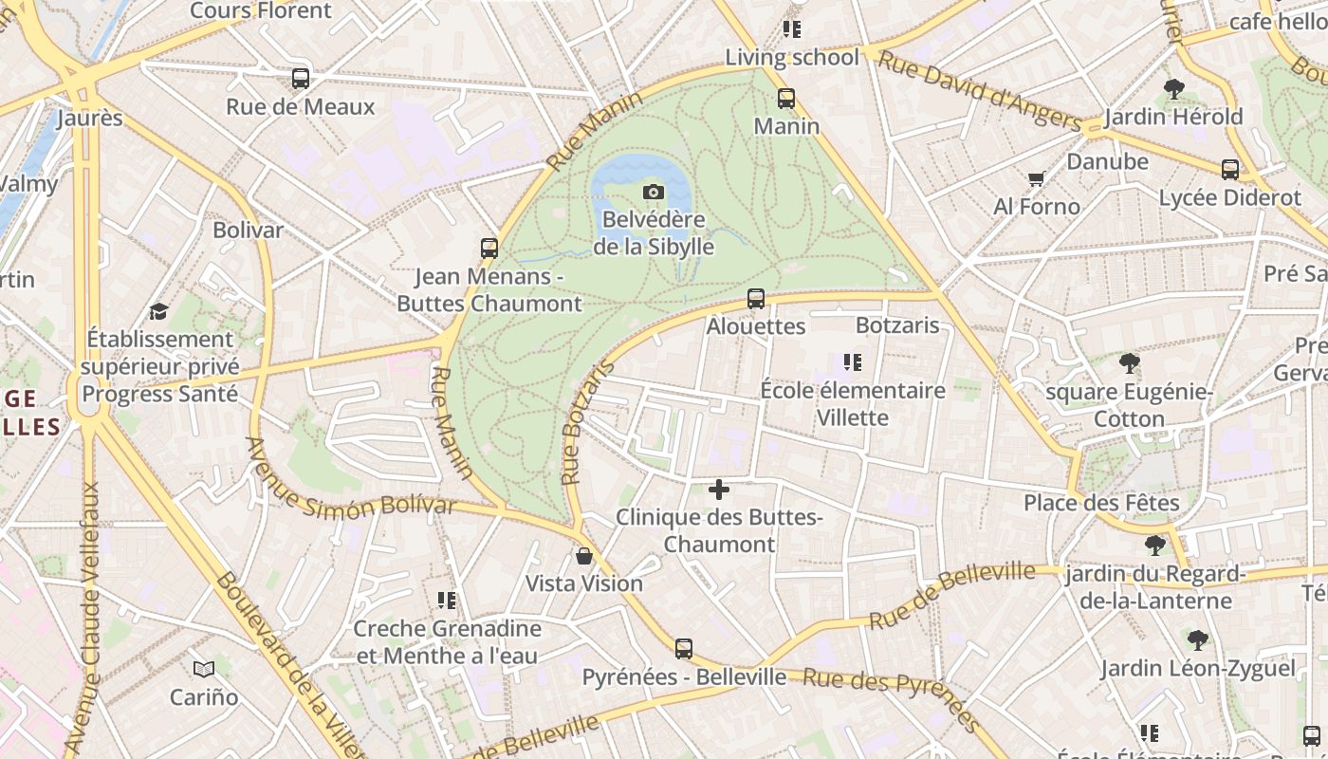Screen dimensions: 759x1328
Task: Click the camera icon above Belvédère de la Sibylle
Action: (653, 193)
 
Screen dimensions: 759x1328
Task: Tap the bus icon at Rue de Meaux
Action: (301, 79)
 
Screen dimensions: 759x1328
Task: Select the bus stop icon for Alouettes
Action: (756, 299)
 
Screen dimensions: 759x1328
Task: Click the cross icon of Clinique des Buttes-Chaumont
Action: (719, 490)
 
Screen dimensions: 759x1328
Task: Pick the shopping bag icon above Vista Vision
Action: (584, 556)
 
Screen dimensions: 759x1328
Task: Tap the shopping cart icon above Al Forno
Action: (1036, 179)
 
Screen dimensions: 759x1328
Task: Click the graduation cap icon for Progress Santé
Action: (158, 311)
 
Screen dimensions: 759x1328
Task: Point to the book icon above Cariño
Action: (204, 669)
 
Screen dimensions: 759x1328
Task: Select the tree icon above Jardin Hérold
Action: (1174, 89)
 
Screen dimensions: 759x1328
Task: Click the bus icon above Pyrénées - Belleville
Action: (684, 649)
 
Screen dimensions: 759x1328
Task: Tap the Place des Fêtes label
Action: (1101, 503)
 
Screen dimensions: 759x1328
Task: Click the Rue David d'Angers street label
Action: (978, 91)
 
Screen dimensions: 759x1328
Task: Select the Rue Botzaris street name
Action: (584, 424)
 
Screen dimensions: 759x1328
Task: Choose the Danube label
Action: (1107, 161)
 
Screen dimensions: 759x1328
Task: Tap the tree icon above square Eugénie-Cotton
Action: (1129, 363)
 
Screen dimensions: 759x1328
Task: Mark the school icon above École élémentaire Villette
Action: (852, 362)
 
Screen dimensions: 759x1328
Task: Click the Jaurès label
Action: (90, 119)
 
